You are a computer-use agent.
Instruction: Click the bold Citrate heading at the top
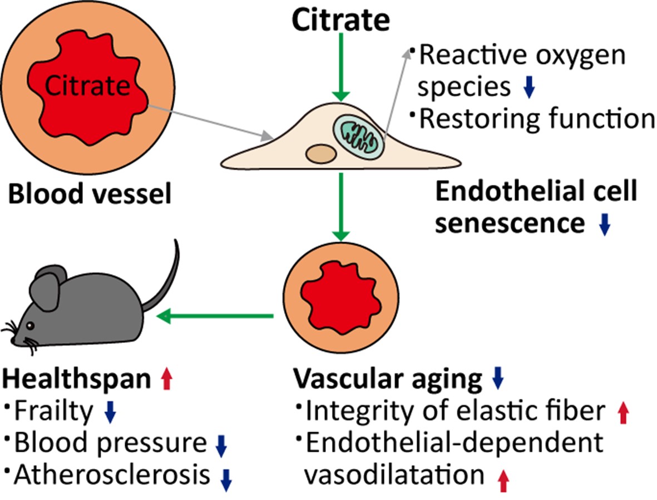click(341, 21)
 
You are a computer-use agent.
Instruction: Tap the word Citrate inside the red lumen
click(88, 87)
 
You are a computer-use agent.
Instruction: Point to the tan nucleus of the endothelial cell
click(321, 153)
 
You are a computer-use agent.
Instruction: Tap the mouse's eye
click(29, 325)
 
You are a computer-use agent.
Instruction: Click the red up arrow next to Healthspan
click(165, 381)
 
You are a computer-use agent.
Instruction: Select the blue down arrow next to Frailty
click(110, 411)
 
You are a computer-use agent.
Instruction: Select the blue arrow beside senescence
click(605, 223)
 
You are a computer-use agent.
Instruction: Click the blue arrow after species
click(529, 88)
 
